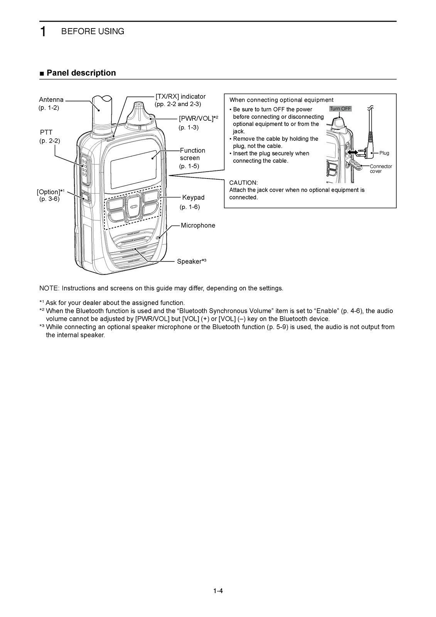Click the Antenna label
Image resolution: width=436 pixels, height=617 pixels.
tap(51, 100)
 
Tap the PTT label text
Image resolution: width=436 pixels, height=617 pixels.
tap(46, 132)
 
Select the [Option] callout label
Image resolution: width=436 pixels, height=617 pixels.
tap(51, 192)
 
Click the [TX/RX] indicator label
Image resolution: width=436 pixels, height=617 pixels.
tap(180, 96)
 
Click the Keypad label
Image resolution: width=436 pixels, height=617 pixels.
tap(193, 197)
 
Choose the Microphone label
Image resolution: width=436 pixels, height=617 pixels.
tap(198, 226)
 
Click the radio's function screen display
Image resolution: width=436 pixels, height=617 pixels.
tap(133, 169)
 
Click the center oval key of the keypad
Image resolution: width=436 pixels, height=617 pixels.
tap(133, 206)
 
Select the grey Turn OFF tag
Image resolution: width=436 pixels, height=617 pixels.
tap(340, 109)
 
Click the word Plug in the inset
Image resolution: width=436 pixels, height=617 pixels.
tap(384, 153)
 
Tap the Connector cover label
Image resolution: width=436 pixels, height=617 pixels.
tap(380, 169)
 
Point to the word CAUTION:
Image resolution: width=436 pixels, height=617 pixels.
tap(243, 182)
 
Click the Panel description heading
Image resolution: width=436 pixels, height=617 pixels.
tap(81, 73)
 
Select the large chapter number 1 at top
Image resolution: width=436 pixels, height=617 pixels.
tap(44, 32)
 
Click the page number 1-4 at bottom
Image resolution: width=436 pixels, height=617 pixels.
tap(218, 590)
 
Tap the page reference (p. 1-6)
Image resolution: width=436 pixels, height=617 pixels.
tap(190, 207)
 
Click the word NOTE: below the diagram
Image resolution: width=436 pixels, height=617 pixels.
tap(49, 288)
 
